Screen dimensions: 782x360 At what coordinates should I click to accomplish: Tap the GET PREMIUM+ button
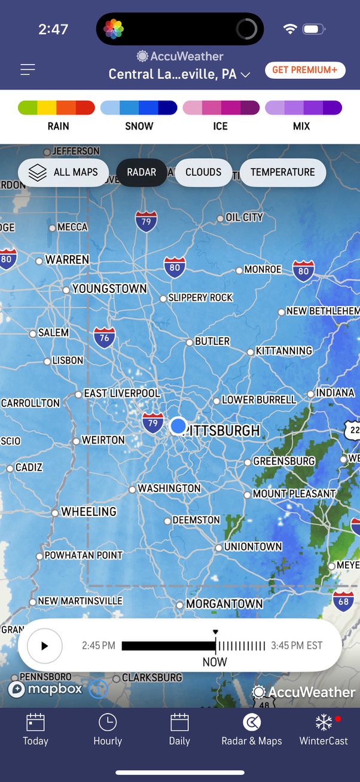(x=305, y=70)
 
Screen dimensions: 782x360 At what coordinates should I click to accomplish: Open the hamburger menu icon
(x=28, y=70)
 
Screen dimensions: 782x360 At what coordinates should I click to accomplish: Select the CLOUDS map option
(x=203, y=172)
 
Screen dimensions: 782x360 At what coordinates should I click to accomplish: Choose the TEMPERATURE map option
(x=282, y=172)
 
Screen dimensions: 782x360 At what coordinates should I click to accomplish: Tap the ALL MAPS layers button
(x=63, y=172)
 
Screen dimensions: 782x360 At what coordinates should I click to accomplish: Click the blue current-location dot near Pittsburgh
(x=178, y=426)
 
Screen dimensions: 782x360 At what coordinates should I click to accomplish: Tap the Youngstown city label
(x=109, y=289)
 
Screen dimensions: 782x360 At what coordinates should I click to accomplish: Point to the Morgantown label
(x=224, y=604)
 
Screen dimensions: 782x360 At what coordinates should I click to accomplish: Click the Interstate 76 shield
(x=105, y=338)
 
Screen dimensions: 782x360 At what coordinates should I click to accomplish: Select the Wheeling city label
(x=89, y=512)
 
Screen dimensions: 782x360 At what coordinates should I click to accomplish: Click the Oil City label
(x=244, y=218)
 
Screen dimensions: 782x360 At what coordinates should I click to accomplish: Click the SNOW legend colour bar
(x=139, y=108)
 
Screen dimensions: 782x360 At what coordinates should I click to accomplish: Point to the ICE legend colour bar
(x=221, y=108)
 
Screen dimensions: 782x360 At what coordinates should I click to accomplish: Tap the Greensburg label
(x=283, y=462)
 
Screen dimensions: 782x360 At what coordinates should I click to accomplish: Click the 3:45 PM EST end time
(x=297, y=646)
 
